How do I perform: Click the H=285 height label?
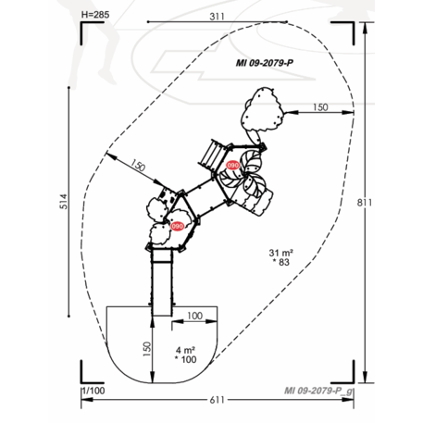[97, 16]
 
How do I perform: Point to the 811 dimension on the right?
[368, 202]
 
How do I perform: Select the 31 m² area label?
[280, 253]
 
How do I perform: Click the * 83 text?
[281, 264]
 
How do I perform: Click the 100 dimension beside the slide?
[194, 317]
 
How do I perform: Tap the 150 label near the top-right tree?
[319, 107]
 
